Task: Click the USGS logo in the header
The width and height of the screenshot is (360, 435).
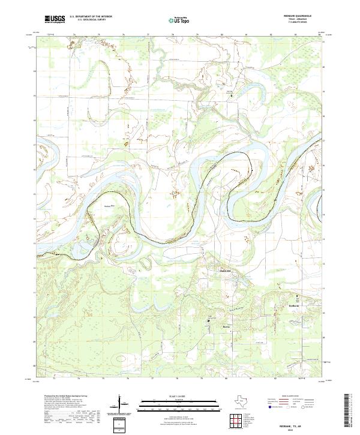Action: (x=55, y=20)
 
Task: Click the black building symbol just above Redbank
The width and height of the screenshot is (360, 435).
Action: (x=295, y=297)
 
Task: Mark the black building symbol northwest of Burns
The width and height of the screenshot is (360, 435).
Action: (x=209, y=320)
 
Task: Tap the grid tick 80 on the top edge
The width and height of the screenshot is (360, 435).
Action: (x=222, y=35)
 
